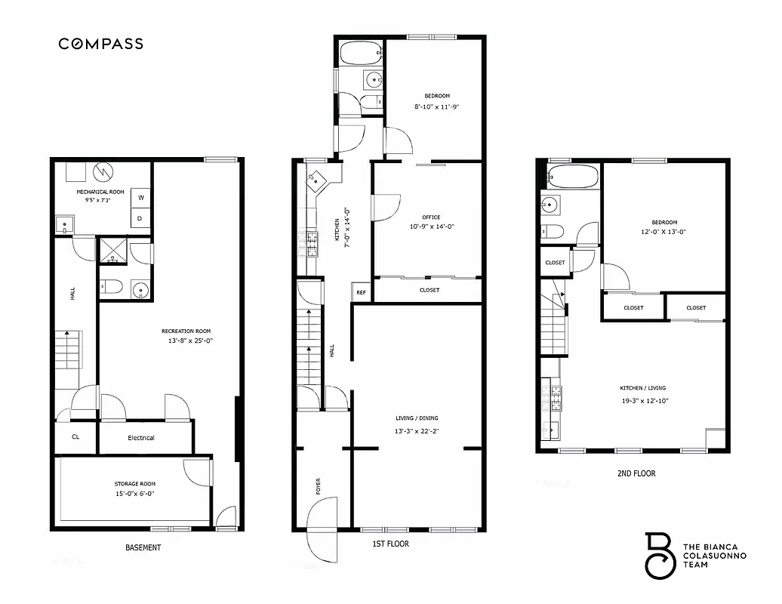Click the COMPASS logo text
coord(101,44)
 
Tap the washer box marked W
coord(140,199)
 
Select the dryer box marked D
coord(140,218)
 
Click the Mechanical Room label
coord(100,193)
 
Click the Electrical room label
coord(141,438)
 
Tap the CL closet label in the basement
coord(75,437)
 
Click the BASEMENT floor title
coord(143,547)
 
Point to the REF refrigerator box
coord(361,292)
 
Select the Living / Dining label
coord(417,418)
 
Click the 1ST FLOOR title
coord(390,543)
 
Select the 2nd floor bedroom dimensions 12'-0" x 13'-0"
coord(664,232)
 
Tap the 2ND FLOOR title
coord(636,473)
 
